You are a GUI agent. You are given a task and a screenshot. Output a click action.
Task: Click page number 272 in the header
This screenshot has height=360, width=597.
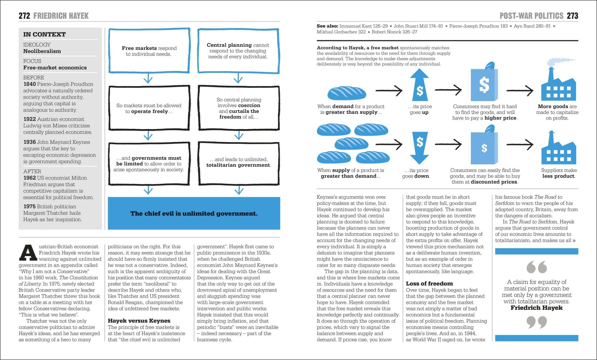tap(24, 16)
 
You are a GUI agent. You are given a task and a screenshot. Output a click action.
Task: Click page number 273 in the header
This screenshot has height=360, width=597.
tap(572, 16)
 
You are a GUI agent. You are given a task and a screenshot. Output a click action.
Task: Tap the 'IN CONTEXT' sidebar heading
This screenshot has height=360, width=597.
tap(44, 34)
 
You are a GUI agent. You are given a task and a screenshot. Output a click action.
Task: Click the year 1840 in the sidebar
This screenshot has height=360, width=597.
tap(30, 84)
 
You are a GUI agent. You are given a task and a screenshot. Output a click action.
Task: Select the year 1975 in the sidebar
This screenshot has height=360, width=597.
tap(30, 207)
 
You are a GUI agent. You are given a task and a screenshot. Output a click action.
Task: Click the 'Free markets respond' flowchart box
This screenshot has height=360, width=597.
tap(149, 51)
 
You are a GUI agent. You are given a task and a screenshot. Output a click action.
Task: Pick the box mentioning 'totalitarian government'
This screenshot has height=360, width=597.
tap(239, 163)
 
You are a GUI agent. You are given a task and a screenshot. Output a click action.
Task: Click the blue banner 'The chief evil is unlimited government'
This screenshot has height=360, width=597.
tap(194, 213)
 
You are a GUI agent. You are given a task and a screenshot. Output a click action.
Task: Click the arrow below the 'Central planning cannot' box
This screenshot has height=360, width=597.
tap(238, 79)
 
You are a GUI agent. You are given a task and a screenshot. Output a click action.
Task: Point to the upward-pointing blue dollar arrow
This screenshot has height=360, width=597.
tap(419, 85)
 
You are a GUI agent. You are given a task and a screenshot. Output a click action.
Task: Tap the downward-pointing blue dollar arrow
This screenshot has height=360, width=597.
tap(419, 148)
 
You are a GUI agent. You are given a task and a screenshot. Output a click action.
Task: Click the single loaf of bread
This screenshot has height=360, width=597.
tap(347, 93)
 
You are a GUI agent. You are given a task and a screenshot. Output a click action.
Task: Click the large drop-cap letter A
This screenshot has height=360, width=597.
tap(28, 252)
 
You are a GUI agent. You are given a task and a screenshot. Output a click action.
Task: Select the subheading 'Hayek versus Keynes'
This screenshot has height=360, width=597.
tap(139, 321)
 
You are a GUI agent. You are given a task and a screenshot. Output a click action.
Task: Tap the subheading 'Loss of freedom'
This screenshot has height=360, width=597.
tap(429, 284)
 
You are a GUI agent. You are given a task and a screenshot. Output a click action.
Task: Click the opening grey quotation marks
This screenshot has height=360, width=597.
tap(536, 267)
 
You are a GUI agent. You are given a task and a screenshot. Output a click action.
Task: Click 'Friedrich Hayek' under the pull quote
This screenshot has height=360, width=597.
tap(536, 308)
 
